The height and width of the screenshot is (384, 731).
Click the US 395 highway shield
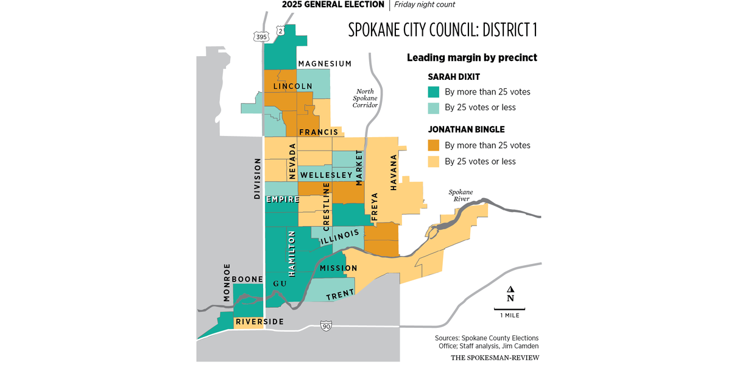[x=261, y=37]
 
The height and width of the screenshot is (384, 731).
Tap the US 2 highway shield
[x=280, y=30]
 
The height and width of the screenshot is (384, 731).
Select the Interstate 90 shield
[x=327, y=327]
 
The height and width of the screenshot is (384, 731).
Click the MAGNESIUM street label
[x=325, y=64]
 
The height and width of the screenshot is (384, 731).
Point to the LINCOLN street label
[x=293, y=87]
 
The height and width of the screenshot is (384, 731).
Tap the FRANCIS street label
[x=318, y=132]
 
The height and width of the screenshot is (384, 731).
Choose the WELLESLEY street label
[x=327, y=176]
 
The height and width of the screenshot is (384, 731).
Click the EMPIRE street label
[x=281, y=199]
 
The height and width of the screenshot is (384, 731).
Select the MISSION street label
[x=338, y=268]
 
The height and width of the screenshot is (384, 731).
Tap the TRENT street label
[x=340, y=295]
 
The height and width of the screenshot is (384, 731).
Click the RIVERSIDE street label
[x=260, y=321]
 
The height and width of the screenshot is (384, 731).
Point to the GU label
[x=280, y=284]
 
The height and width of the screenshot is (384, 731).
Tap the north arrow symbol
[x=510, y=294]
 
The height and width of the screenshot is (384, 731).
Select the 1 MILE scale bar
[x=510, y=312]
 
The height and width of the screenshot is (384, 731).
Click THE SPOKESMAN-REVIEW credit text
[x=495, y=357]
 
